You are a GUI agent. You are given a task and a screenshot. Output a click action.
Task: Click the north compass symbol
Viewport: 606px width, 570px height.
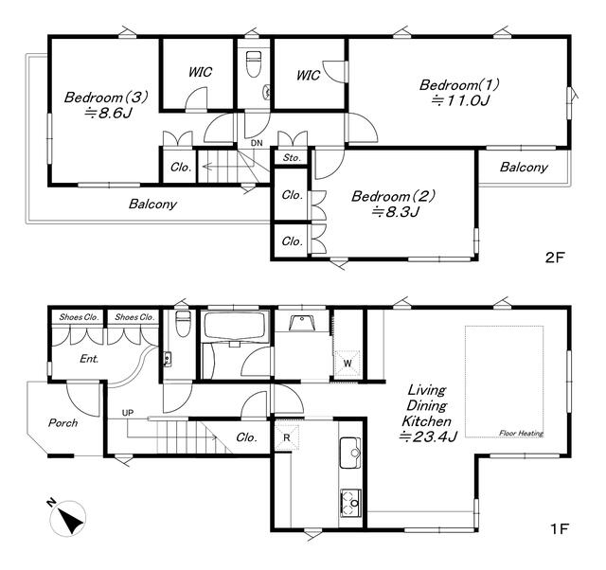67,518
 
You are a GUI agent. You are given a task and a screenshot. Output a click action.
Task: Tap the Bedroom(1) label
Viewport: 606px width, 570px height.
459,84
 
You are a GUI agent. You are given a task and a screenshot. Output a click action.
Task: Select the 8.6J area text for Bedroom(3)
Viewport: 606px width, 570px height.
109,114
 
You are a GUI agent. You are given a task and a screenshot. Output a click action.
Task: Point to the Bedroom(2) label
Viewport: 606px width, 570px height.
393,196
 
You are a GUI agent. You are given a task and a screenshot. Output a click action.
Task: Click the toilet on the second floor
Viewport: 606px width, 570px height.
254,63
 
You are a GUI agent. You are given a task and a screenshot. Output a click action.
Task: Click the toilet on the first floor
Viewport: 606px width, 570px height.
183,324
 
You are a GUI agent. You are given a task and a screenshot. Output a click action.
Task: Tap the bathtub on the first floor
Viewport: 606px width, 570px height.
236,327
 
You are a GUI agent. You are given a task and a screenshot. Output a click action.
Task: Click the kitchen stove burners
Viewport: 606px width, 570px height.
350,503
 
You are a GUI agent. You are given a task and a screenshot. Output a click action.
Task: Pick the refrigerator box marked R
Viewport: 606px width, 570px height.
286,437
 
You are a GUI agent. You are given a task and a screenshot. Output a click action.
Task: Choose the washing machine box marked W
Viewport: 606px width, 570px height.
348,364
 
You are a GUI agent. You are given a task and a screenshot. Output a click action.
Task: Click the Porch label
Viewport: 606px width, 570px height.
63,423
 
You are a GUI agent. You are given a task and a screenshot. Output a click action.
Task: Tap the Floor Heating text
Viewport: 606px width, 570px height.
521,434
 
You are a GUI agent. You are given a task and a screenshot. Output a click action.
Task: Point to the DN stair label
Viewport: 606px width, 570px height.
257,143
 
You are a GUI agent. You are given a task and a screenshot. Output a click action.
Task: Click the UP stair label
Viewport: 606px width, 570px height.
128,413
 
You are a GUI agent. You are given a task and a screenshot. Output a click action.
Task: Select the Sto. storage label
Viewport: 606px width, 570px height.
292,158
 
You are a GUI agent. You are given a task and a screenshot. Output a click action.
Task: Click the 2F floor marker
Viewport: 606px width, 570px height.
555,258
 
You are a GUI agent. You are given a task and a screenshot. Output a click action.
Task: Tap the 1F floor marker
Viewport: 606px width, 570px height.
560,528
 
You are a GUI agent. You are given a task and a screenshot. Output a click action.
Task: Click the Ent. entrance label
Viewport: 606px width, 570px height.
89,359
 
